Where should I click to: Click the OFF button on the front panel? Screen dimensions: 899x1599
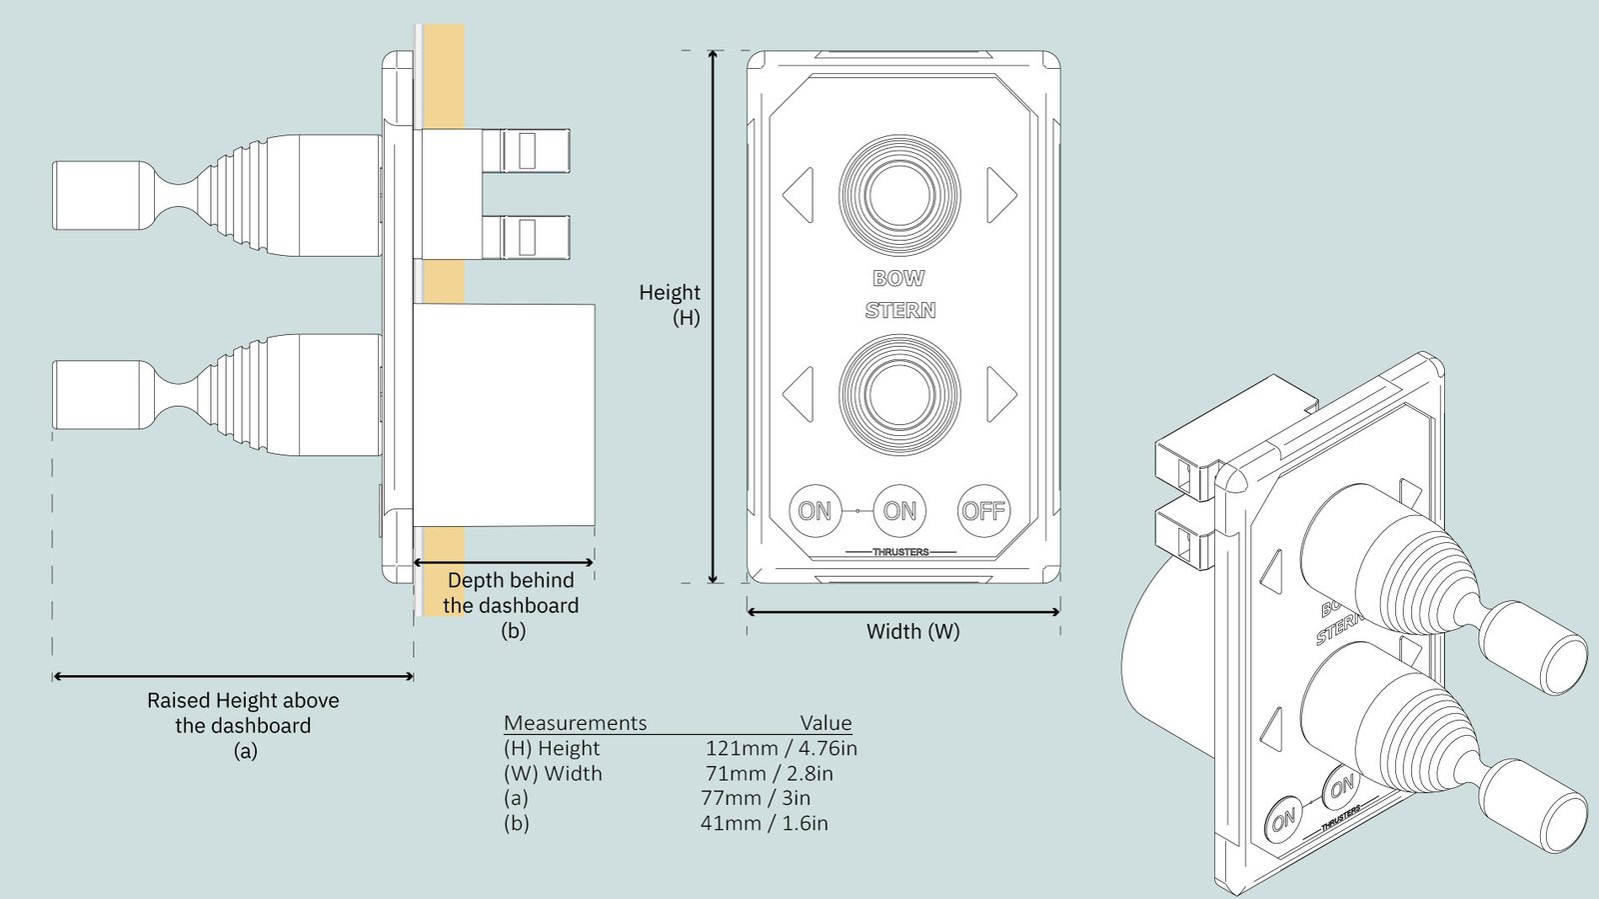[x=983, y=511]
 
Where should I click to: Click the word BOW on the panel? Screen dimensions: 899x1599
[x=898, y=278]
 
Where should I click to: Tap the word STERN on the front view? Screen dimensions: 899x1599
[x=900, y=310]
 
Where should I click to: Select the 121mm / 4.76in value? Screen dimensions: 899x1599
[x=781, y=748]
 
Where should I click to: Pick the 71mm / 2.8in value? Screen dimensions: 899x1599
[x=769, y=773]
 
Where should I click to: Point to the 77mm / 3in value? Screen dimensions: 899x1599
[x=756, y=798]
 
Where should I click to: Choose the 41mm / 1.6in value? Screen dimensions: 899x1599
[x=764, y=823]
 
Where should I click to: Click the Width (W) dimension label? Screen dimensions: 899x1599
[x=912, y=631]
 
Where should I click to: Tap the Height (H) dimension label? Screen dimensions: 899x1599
[x=671, y=304]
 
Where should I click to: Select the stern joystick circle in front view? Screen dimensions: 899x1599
[x=899, y=394]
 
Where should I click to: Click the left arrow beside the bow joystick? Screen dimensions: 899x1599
[x=799, y=194]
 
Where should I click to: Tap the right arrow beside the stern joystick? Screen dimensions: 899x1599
[x=1001, y=394]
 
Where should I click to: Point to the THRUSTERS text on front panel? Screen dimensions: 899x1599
[x=900, y=552]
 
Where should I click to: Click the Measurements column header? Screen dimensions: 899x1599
[x=575, y=722]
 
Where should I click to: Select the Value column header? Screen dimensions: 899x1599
[x=825, y=722]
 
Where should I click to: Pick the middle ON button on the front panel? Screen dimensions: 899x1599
[x=899, y=511]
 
